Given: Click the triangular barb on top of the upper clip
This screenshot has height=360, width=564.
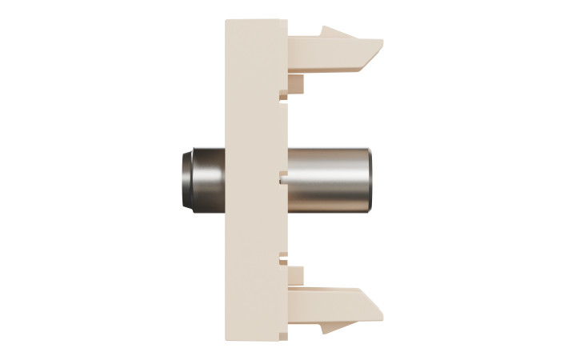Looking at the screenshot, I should (x=337, y=34).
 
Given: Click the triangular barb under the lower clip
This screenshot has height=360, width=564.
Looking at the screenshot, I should (x=335, y=326).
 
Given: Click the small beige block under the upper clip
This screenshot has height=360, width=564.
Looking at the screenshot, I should (x=295, y=83).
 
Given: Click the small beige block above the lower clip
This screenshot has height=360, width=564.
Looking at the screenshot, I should (x=295, y=276).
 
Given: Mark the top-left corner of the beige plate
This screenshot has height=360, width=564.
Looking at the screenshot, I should (x=226, y=21).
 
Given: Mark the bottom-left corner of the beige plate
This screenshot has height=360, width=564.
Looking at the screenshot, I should (x=226, y=340).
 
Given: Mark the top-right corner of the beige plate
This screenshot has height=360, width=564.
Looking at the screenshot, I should (x=286, y=21).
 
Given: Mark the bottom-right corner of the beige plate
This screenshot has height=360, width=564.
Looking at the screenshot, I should (x=286, y=340).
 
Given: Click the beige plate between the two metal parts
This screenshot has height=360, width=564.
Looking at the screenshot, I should (x=256, y=180).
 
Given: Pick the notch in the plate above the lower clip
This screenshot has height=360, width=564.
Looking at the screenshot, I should (x=282, y=260).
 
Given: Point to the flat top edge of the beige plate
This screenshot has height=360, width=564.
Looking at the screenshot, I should (x=256, y=21).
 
